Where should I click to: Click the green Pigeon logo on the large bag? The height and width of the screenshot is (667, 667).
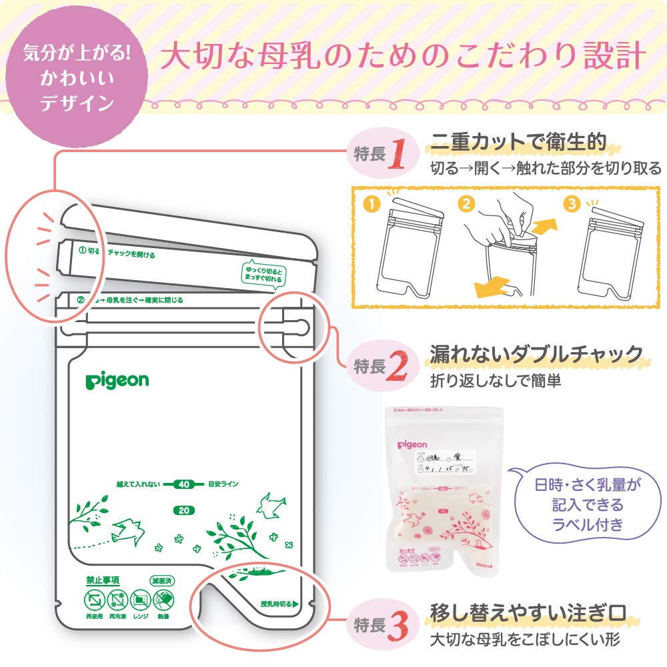tap(117, 381)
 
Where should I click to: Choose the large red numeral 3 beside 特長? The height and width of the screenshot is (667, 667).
tap(398, 625)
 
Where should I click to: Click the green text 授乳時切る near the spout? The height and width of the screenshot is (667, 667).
tap(278, 605)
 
